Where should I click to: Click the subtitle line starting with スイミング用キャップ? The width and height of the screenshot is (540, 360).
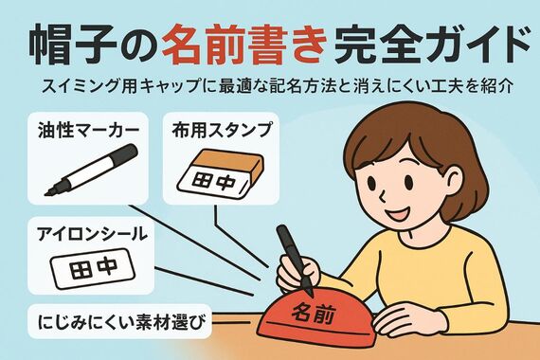(270, 86)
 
